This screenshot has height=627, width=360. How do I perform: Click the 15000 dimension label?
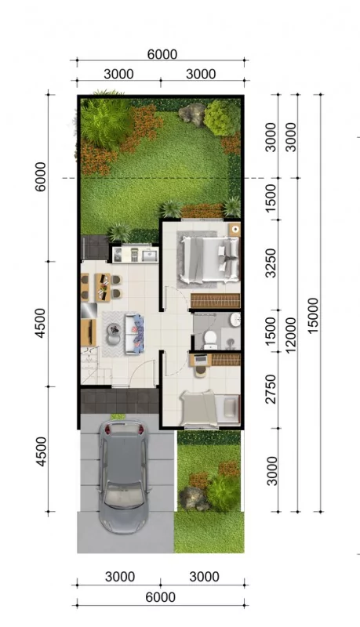pos(315,316)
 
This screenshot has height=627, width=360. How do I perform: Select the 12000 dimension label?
pos(292,335)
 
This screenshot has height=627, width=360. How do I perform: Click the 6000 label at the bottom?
pos(160,598)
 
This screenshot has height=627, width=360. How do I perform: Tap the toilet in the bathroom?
pos(209,337)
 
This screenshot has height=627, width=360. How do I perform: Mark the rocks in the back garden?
pos(191,114)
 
